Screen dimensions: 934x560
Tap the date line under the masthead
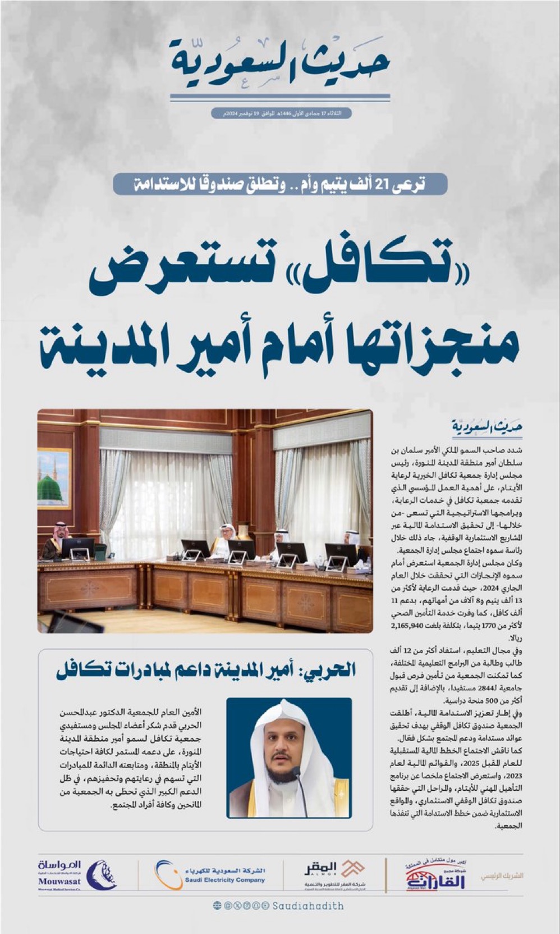281,113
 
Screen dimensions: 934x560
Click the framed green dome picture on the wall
54,478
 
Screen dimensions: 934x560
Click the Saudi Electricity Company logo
210,875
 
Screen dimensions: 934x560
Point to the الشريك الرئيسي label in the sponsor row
502,875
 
